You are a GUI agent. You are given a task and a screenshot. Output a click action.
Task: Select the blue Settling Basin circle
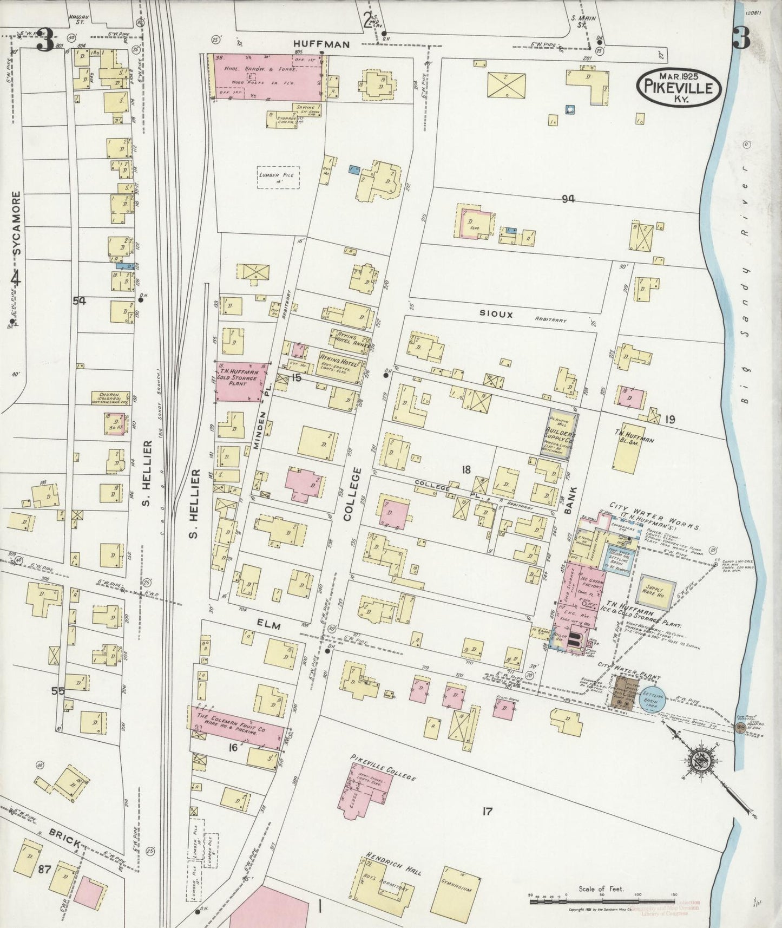(653, 699)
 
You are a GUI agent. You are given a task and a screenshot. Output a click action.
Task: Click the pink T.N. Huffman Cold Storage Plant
(242, 382)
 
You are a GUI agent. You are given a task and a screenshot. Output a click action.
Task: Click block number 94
(567, 199)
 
